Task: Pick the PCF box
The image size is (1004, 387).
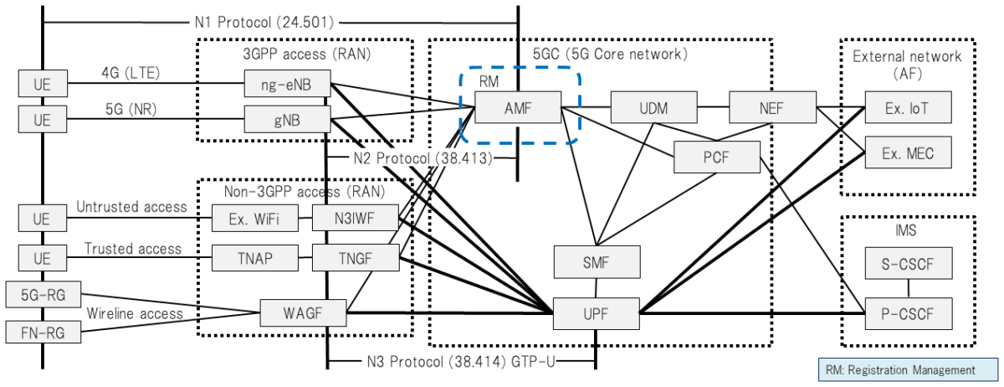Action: click(717, 157)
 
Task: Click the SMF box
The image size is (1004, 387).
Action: click(596, 262)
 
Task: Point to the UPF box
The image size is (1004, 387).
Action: click(596, 313)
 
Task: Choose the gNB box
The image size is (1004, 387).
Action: click(287, 119)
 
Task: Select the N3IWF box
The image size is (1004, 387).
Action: click(355, 220)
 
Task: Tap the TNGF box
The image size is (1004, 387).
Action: click(355, 258)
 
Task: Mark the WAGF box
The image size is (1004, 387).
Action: click(302, 313)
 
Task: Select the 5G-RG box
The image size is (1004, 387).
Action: click(44, 294)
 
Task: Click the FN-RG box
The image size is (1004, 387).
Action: click(44, 332)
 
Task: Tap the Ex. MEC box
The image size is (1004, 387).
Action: click(908, 152)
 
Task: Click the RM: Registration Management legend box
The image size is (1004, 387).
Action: click(907, 369)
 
